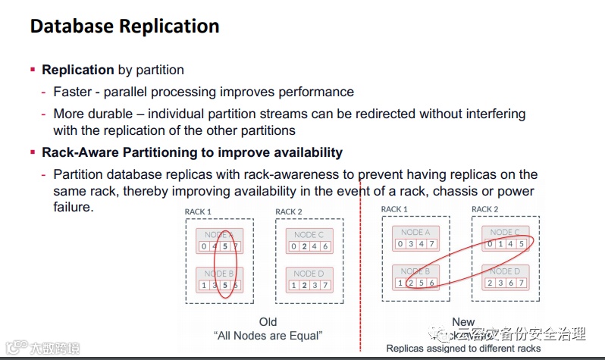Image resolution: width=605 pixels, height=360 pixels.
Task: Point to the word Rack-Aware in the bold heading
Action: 77,152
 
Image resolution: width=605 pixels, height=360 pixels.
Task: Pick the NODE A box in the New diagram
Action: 415,238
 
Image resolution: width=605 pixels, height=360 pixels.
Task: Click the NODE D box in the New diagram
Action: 506,277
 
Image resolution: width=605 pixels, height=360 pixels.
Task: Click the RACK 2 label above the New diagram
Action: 485,208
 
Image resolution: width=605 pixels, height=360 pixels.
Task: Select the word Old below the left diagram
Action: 268,321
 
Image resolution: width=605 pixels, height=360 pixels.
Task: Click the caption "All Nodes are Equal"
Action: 268,336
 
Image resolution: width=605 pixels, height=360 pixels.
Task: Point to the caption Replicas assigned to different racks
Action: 463,349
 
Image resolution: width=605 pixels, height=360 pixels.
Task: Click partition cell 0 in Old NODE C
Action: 293,246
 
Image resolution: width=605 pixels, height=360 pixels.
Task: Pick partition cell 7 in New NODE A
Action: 431,243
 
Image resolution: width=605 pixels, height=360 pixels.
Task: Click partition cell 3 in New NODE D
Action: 500,282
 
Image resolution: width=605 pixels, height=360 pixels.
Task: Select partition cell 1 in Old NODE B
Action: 203,284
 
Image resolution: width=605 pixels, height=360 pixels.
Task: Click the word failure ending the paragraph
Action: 73,206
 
